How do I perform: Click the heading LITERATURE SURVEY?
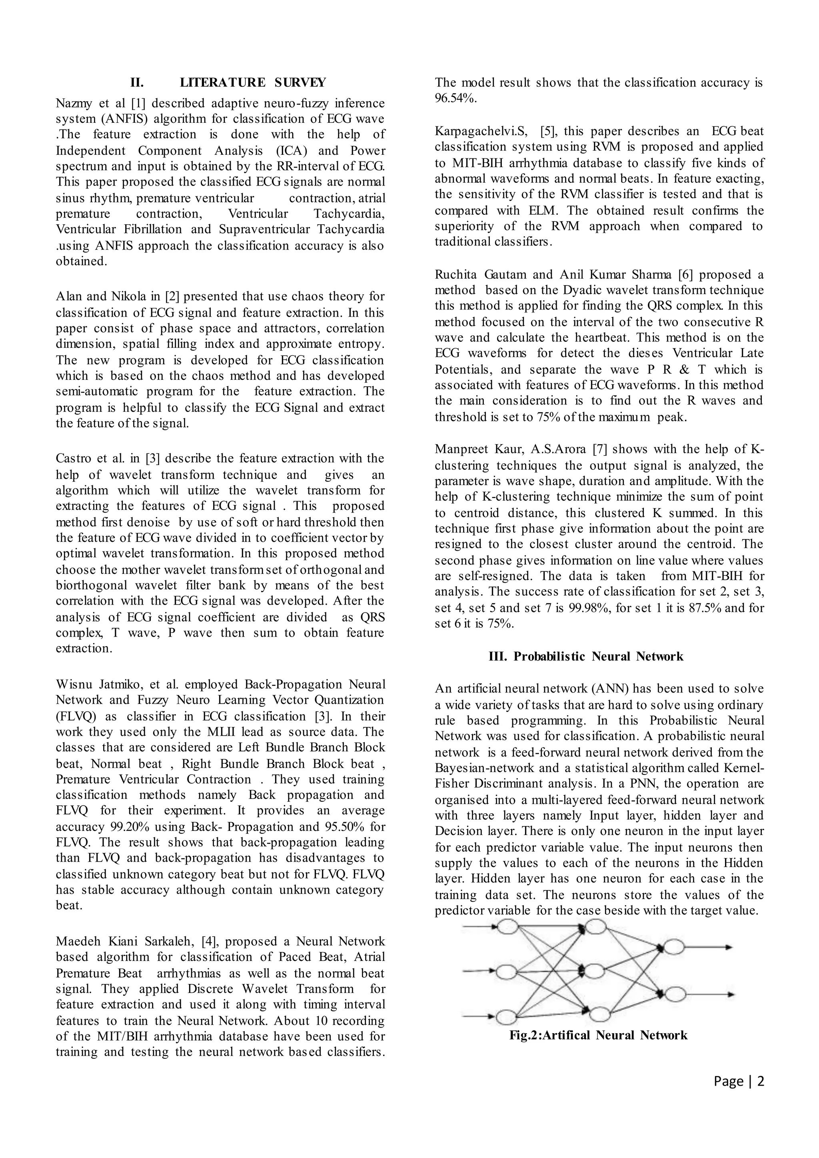(x=253, y=82)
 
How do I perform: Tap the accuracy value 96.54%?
(x=455, y=98)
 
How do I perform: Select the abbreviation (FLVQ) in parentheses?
(x=80, y=717)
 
